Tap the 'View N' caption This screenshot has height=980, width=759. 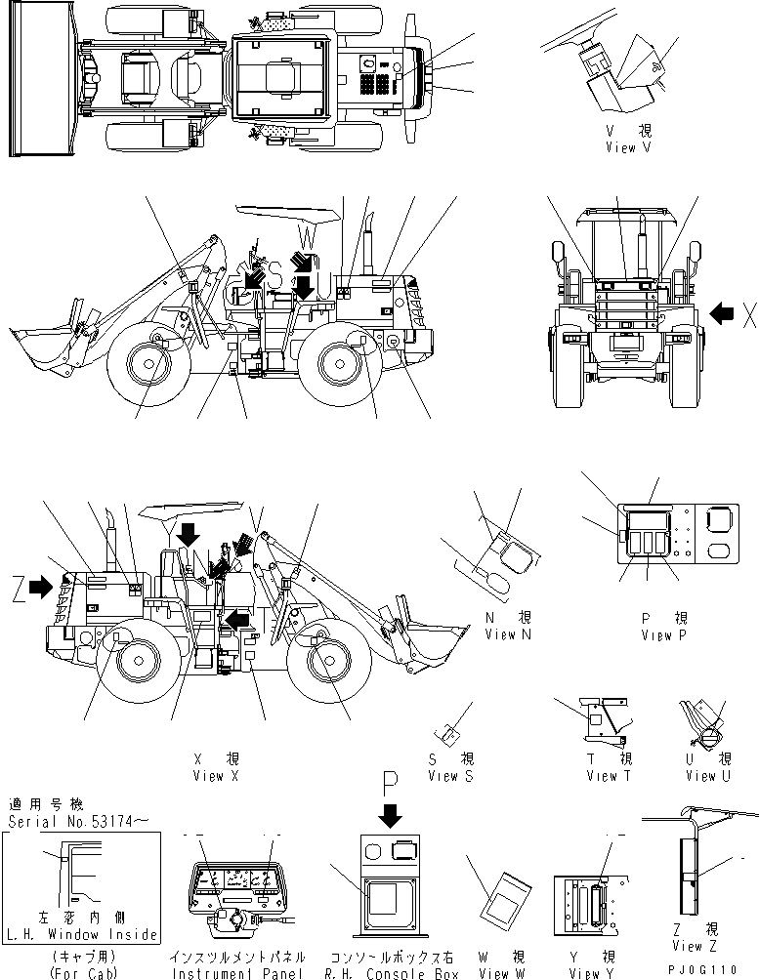point(508,634)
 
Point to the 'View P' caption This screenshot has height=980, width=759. point(664,635)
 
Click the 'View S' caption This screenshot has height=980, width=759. point(450,776)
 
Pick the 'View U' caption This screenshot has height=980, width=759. point(707,776)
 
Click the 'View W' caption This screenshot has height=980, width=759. point(502,973)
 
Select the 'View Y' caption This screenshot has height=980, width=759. point(591,973)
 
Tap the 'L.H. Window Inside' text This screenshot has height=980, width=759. point(82,934)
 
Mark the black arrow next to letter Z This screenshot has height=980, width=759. point(41,587)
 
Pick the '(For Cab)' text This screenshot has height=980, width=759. point(81,973)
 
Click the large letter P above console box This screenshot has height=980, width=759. point(391,782)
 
